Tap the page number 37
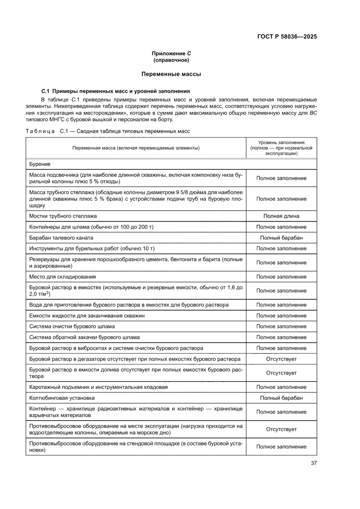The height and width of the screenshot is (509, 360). click(x=313, y=463)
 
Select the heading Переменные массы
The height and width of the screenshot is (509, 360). click(x=171, y=74)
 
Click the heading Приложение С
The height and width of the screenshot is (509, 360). click(x=171, y=54)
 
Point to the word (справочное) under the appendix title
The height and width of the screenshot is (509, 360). click(x=171, y=60)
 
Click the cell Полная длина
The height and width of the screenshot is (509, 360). click(x=281, y=216)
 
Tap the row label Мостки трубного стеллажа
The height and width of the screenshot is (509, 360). click(x=63, y=216)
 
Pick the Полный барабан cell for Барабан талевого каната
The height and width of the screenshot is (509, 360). click(x=281, y=238)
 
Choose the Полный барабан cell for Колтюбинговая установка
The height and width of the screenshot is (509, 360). click(x=281, y=398)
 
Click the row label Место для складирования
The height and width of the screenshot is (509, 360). click(x=62, y=276)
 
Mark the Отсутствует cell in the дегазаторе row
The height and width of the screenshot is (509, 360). click(x=281, y=359)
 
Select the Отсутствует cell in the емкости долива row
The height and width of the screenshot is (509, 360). click(x=281, y=373)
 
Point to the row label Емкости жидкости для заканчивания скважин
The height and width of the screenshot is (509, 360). click(x=87, y=316)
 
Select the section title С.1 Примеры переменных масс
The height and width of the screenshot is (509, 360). click(x=115, y=91)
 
